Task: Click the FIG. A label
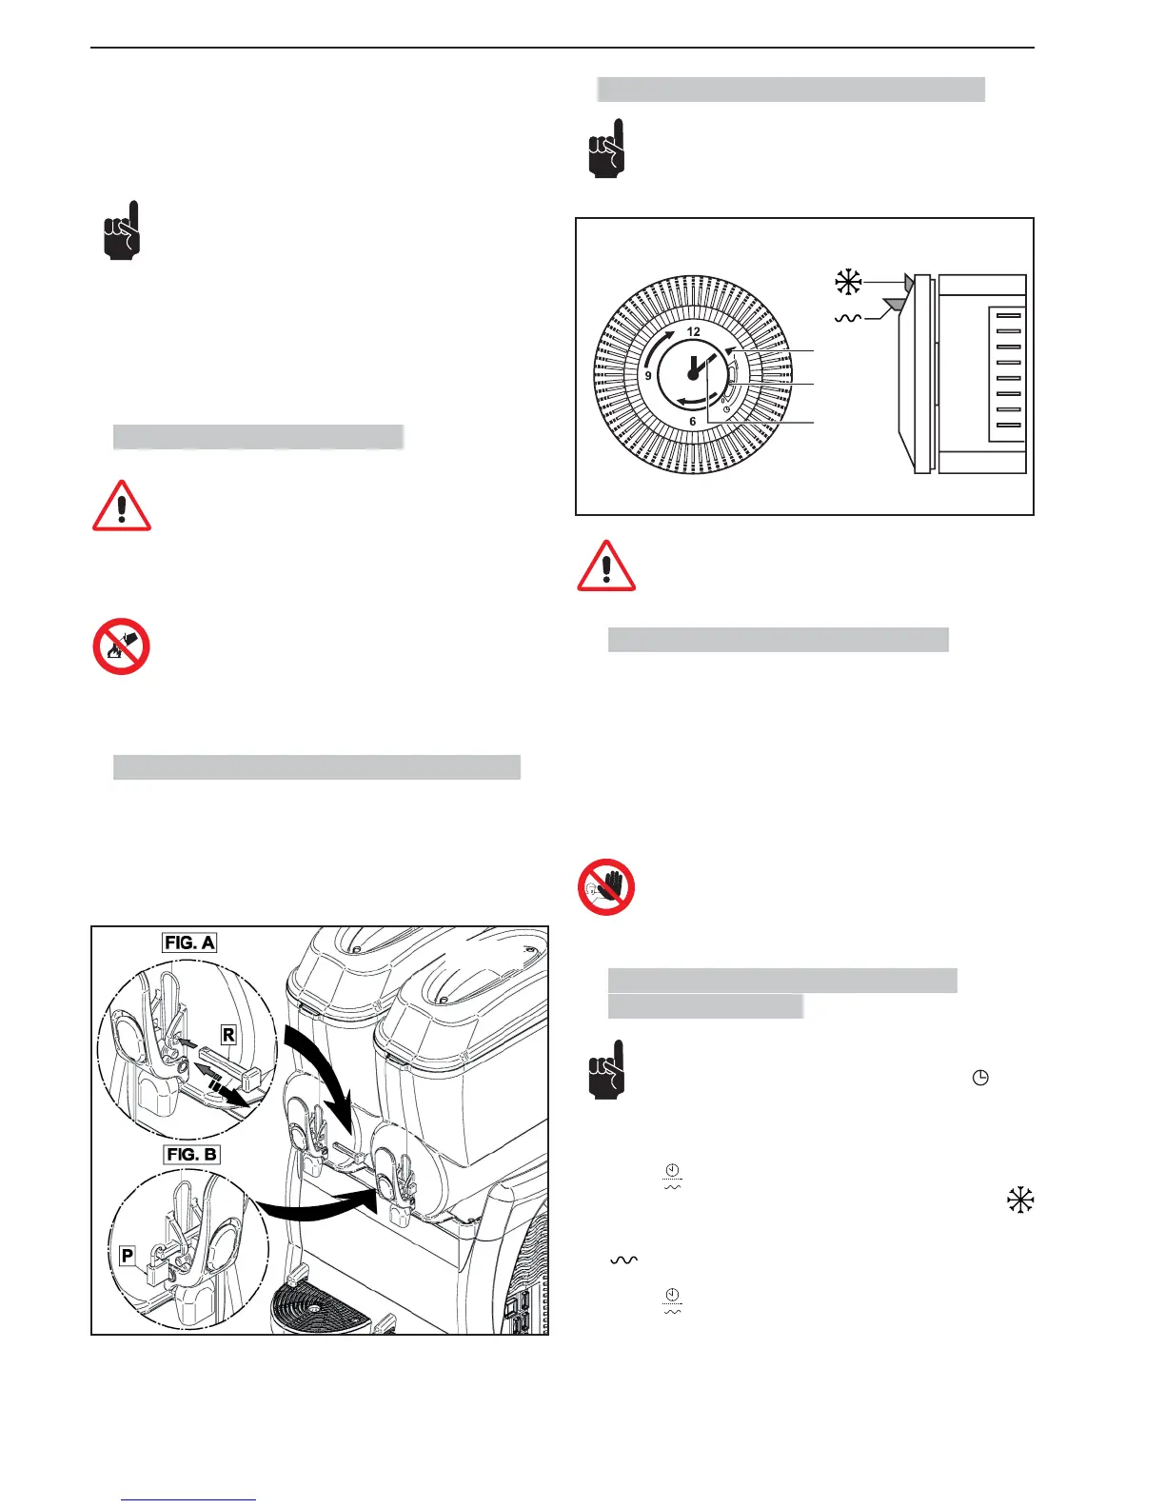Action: click(190, 942)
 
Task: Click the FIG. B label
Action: click(191, 1155)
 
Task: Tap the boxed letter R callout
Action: click(228, 1034)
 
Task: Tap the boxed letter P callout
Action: click(128, 1256)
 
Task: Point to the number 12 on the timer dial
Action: click(694, 332)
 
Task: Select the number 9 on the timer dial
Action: click(648, 376)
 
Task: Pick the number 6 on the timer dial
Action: click(692, 421)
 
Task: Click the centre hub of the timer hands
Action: click(693, 376)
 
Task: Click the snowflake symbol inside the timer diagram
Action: click(847, 282)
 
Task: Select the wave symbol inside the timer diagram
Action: click(847, 318)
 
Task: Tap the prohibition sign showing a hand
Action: click(606, 887)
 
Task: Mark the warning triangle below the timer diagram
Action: click(606, 566)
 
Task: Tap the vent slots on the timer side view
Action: click(1008, 370)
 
